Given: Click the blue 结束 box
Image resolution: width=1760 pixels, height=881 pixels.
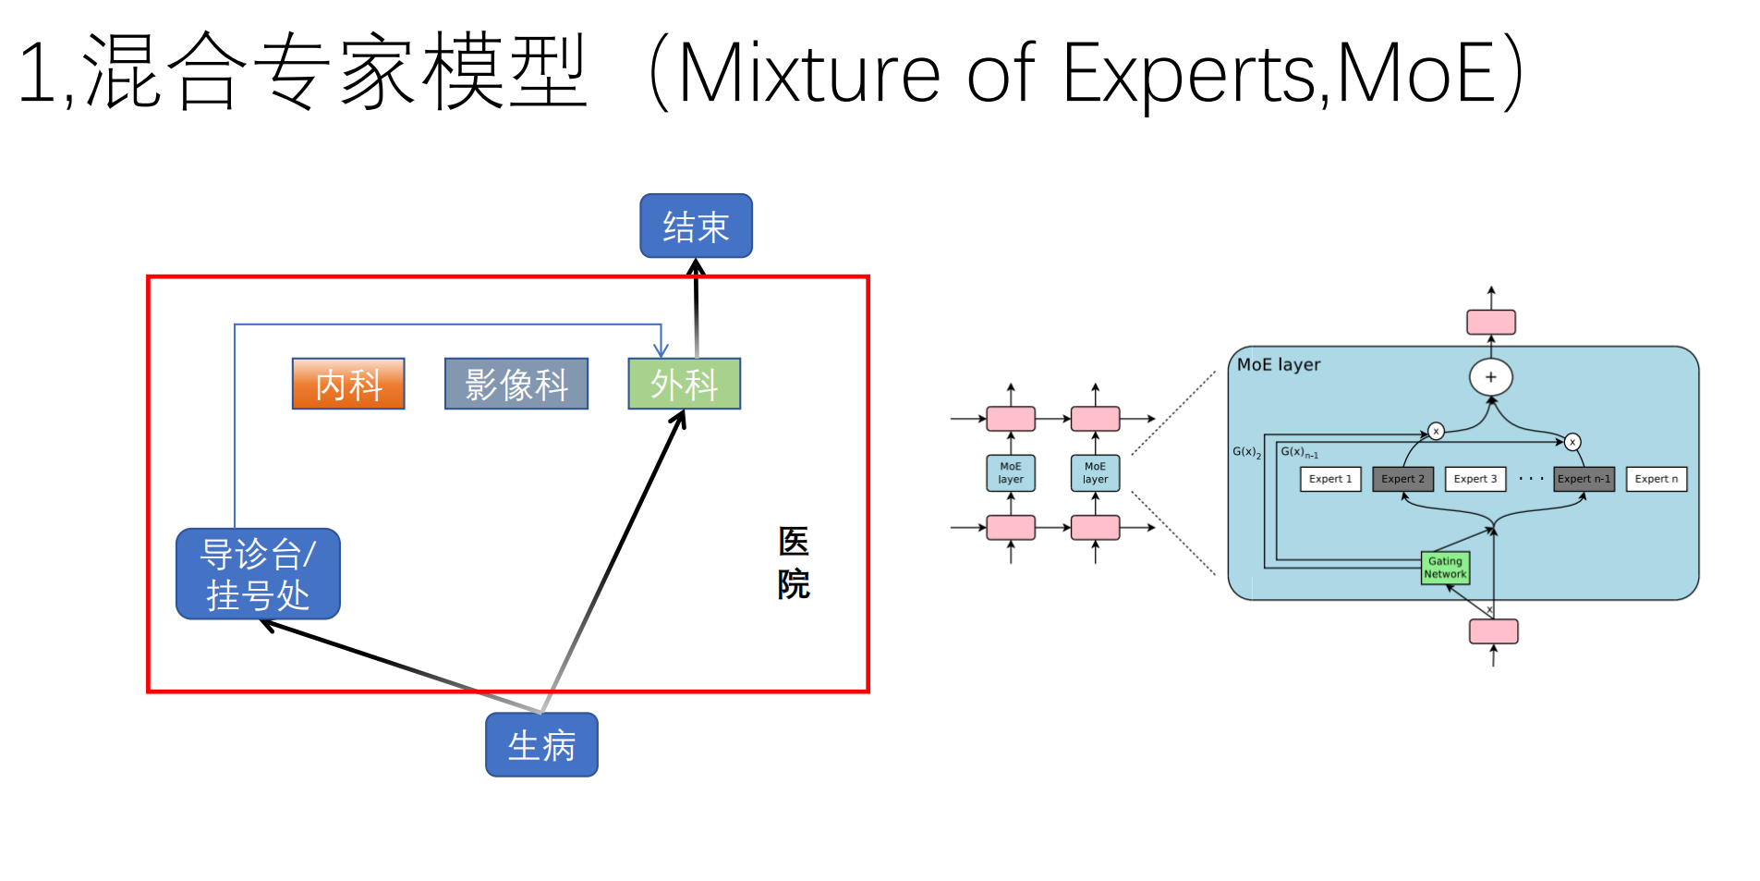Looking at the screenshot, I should tap(696, 226).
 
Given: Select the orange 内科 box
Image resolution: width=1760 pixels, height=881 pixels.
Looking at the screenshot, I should tap(348, 384).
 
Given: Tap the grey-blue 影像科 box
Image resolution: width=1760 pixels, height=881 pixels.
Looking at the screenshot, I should tap(516, 384).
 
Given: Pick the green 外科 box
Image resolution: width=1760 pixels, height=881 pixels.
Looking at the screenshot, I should tap(684, 384).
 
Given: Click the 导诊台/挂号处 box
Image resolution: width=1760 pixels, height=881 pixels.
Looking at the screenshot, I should tap(258, 574).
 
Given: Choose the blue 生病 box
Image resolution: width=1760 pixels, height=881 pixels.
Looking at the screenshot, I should tap(541, 744).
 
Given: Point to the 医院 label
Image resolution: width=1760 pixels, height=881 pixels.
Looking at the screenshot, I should tap(793, 562).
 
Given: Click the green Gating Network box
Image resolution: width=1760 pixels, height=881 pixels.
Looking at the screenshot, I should tap(1445, 568).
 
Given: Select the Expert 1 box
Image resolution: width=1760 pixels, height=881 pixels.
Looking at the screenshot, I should tap(1329, 479).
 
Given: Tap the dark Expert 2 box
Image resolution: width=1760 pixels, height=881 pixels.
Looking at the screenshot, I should tap(1402, 479).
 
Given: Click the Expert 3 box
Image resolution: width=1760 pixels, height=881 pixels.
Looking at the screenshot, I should tap(1475, 479).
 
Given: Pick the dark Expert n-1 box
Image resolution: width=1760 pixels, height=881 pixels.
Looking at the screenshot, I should tap(1584, 479).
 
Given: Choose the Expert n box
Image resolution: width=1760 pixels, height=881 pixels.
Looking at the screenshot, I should tap(1656, 479).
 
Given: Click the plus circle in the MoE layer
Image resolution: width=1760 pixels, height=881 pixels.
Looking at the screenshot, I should tap(1490, 377).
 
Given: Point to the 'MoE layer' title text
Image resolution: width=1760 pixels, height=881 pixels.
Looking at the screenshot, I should tap(1279, 364).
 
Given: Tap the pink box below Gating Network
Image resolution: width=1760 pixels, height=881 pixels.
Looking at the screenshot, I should tap(1493, 631).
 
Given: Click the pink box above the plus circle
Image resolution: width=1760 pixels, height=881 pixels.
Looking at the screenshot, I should tap(1491, 322).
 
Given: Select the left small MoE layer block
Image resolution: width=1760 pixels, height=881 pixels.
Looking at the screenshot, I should tap(1011, 472).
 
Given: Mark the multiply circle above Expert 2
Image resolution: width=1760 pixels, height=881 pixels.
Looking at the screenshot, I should tap(1436, 431).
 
